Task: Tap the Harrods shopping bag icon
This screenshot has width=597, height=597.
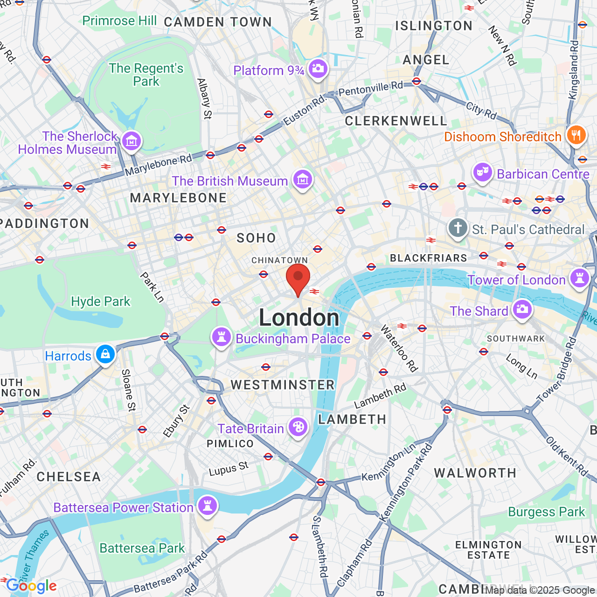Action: [105, 354]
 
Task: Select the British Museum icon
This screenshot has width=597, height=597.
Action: [302, 179]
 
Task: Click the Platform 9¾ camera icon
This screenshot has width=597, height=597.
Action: [318, 69]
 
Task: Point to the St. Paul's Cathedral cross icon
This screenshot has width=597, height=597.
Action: [458, 229]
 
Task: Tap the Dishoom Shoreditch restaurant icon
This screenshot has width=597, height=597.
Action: [576, 135]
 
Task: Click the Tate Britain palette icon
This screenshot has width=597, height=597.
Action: [298, 427]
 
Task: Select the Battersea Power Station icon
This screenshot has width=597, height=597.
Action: [208, 506]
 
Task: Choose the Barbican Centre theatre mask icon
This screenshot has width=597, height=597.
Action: [482, 173]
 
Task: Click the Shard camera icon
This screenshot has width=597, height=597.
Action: [522, 309]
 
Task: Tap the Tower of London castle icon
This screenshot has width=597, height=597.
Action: [580, 278]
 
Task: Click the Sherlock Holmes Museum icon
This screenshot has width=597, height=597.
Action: [132, 140]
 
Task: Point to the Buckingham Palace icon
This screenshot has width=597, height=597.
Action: [222, 337]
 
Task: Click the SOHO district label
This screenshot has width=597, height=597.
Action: [256, 238]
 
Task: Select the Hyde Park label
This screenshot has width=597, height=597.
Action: [101, 301]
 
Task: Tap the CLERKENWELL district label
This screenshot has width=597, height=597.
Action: [396, 121]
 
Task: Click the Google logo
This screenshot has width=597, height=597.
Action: [31, 586]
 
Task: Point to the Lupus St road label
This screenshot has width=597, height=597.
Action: [229, 469]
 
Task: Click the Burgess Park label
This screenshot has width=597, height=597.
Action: [546, 512]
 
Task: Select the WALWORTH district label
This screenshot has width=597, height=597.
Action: [475, 473]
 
